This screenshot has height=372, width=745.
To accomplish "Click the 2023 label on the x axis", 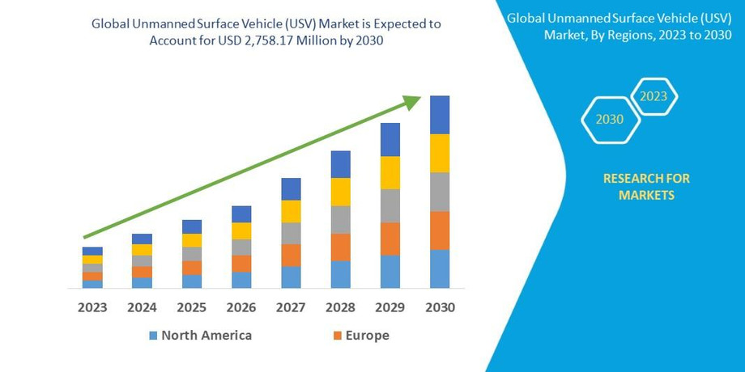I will click(x=92, y=308).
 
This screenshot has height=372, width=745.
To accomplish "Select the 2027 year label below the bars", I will click(x=291, y=308).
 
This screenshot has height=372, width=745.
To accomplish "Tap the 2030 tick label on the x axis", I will click(x=440, y=308).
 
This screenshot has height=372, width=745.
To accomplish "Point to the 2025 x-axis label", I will click(x=192, y=308).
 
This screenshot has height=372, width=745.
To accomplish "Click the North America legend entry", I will click(x=206, y=336).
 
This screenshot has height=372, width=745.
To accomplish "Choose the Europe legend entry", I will click(x=367, y=336).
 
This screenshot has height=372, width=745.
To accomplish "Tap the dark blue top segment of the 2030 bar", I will click(x=440, y=115).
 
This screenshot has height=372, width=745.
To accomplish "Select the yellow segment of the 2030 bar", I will click(x=440, y=153).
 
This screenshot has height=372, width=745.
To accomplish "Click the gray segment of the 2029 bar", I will click(x=390, y=205).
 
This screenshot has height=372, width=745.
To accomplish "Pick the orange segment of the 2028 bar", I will click(x=340, y=247).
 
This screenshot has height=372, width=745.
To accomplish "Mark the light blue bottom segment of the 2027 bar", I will click(x=291, y=277).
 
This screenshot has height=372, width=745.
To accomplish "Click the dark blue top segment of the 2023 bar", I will click(x=92, y=251).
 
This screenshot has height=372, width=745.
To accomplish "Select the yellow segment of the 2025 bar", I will click(x=192, y=240).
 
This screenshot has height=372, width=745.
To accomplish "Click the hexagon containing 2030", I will click(x=610, y=120).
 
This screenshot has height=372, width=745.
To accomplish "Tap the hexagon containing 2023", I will click(x=653, y=96).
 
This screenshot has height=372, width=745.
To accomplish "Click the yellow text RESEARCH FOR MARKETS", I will click(x=646, y=187).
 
